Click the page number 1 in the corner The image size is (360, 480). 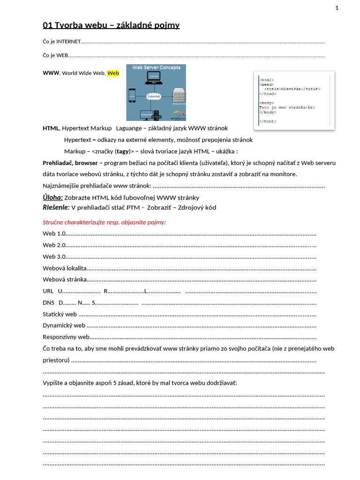[x=337, y=7]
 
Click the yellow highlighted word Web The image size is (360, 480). [x=113, y=73]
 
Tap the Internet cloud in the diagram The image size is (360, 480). [x=153, y=96]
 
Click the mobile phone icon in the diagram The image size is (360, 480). [x=132, y=97]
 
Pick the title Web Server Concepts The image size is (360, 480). [x=156, y=67]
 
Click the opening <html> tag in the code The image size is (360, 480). [x=266, y=80]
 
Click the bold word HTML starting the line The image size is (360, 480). [x=51, y=128]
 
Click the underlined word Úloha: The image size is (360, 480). [x=52, y=197]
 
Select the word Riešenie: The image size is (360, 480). [x=56, y=207]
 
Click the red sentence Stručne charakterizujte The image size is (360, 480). [x=104, y=222]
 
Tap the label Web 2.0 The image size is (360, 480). [x=54, y=245]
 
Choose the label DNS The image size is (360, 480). [x=48, y=302]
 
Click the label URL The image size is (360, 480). [x=48, y=291]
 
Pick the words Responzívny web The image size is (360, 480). [x=66, y=337]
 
